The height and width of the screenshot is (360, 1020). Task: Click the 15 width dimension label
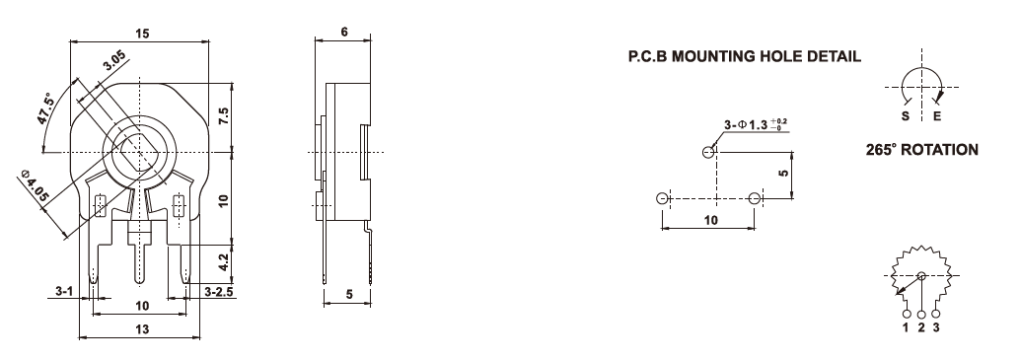coord(142,34)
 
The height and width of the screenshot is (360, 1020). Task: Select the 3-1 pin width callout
coord(63,292)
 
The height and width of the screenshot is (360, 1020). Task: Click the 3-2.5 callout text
coord(219,292)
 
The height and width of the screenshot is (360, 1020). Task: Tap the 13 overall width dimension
coord(142,329)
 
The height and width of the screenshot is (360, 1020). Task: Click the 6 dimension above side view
coord(344,33)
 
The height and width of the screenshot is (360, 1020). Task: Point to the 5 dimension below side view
coord(349,294)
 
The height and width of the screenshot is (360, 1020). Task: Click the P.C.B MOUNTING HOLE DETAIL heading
coord(744,56)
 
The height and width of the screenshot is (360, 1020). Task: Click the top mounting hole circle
coord(708,153)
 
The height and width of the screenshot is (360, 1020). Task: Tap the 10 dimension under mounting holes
coord(711,220)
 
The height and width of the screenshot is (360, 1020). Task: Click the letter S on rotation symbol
coord(906,117)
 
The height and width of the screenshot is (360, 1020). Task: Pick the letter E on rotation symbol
coord(937,117)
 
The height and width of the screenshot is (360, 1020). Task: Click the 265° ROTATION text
coord(921,150)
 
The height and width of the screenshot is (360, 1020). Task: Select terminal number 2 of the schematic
coord(921,327)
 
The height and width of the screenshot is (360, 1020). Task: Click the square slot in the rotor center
coord(138,153)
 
